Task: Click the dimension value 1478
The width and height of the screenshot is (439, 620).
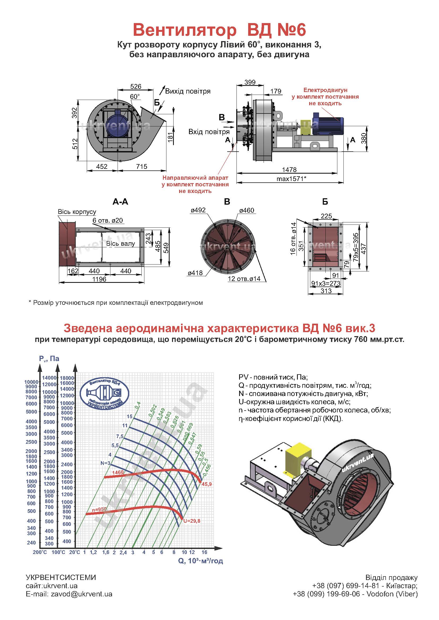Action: [289, 170]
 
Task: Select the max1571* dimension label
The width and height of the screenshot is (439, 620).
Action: [291, 179]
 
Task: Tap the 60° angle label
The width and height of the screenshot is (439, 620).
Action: [135, 97]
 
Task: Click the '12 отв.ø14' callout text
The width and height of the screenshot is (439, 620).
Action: [244, 279]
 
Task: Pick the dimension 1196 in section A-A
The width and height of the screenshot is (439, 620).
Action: [99, 279]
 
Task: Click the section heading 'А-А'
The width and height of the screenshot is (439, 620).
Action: [120, 202]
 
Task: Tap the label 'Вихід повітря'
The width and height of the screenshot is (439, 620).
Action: [188, 91]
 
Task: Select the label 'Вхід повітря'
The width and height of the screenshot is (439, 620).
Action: [209, 132]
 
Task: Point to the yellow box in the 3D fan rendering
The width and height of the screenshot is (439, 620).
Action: [299, 454]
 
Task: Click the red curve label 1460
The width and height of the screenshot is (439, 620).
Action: [118, 472]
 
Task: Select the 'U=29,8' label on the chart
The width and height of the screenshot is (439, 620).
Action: [192, 521]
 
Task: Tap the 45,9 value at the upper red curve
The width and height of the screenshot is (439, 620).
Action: [206, 484]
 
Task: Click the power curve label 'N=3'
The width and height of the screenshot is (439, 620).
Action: [105, 463]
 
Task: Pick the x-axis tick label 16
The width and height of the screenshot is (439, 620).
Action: [204, 552]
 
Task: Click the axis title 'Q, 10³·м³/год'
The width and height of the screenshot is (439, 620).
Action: [201, 561]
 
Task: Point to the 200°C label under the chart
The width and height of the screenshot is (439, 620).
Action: [40, 552]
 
